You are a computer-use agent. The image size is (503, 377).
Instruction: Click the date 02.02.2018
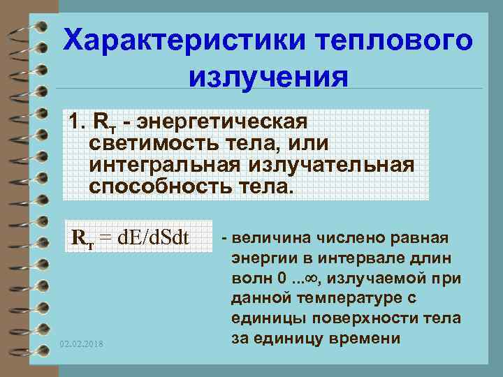[x=81, y=344]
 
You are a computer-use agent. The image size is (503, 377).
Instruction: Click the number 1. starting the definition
[x=77, y=122]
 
